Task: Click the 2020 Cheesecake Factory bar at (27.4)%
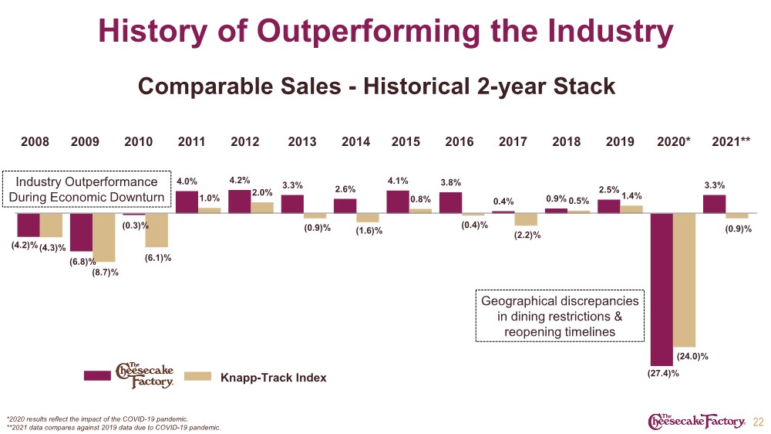click(x=662, y=289)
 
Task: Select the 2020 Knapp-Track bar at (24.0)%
click(x=684, y=280)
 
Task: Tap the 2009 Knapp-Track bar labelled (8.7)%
click(x=104, y=237)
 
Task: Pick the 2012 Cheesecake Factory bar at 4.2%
click(x=240, y=202)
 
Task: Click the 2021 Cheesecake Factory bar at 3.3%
click(x=714, y=204)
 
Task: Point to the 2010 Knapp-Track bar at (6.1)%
click(x=157, y=230)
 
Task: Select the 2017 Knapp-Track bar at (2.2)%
click(x=526, y=219)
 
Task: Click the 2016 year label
click(x=460, y=142)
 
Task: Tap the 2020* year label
click(x=674, y=142)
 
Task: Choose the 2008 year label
click(x=35, y=142)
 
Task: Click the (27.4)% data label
click(x=663, y=374)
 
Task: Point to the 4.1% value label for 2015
click(x=398, y=181)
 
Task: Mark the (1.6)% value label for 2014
click(x=369, y=231)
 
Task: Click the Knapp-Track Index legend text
click(x=274, y=378)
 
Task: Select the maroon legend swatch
click(x=97, y=376)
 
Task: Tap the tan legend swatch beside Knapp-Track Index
click(x=197, y=376)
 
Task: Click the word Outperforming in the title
click(x=368, y=32)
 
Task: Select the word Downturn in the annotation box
click(x=132, y=197)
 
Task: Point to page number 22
click(x=758, y=422)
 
